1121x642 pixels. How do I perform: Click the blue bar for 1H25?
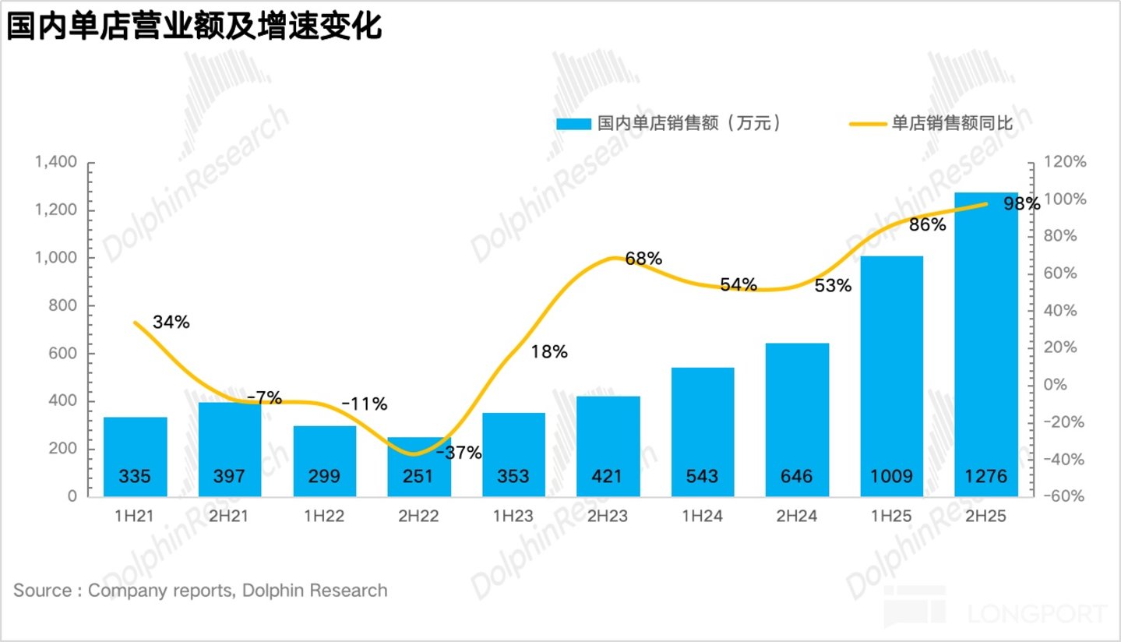tap(891, 376)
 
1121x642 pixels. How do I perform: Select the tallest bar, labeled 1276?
tap(986, 345)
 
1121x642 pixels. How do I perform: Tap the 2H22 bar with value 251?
tap(419, 467)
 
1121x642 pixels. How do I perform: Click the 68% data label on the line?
tap(643, 258)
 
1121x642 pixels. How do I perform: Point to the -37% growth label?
tap(459, 453)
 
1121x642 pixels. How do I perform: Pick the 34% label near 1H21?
tap(171, 322)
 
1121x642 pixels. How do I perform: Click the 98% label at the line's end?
tap(1022, 203)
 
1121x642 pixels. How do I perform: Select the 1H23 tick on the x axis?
tap(513, 516)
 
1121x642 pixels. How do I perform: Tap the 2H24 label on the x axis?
tap(797, 516)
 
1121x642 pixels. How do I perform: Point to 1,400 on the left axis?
tap(55, 161)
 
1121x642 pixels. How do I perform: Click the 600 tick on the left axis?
tap(62, 353)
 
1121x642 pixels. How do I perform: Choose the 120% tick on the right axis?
tap(1065, 161)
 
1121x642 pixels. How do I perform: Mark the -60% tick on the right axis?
tap(1064, 496)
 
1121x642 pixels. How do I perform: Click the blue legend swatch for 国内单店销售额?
tap(573, 124)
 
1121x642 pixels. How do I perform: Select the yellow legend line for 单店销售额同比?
tap(868, 124)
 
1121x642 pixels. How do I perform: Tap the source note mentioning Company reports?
tap(200, 591)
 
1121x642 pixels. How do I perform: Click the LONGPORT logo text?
tap(1037, 614)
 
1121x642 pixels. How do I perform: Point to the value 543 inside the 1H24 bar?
tap(702, 476)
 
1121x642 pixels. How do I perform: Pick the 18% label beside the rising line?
tap(549, 351)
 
